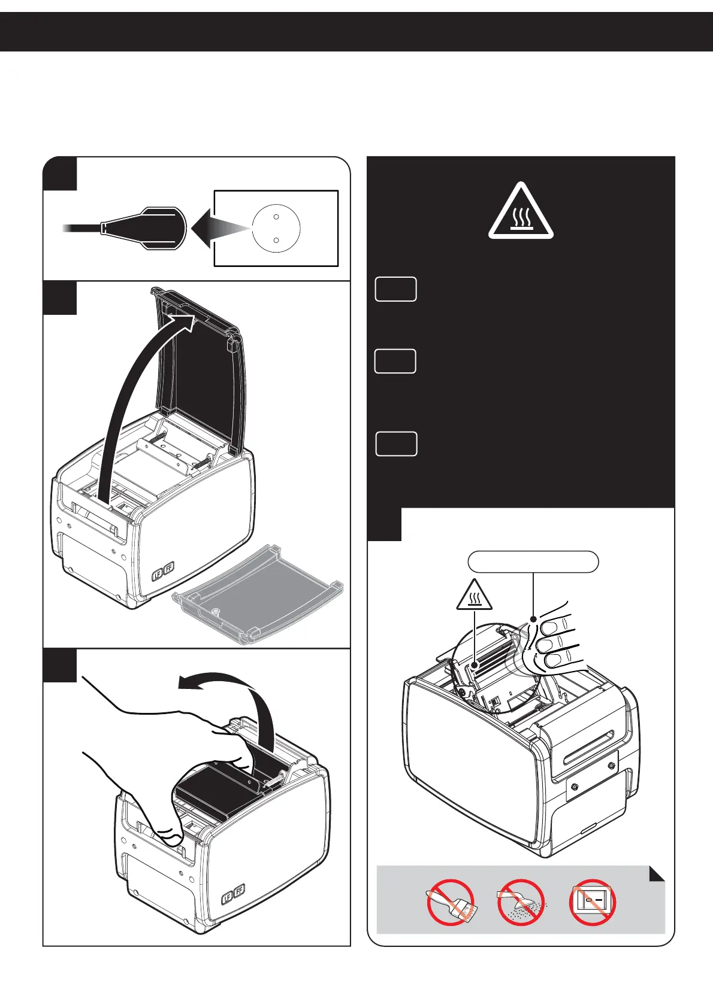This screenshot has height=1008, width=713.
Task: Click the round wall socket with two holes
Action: click(x=276, y=228)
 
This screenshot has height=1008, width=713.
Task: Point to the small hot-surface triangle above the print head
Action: click(x=475, y=596)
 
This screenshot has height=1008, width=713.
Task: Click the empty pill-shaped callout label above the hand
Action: click(x=533, y=561)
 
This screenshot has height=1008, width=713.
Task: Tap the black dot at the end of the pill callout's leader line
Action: click(x=533, y=618)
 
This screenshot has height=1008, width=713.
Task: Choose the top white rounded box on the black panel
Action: click(x=396, y=289)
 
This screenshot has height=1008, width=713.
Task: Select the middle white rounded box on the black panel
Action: click(x=395, y=362)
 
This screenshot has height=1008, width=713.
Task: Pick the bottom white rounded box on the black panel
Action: click(x=396, y=444)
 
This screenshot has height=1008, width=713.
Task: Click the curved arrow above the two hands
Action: click(x=240, y=700)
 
